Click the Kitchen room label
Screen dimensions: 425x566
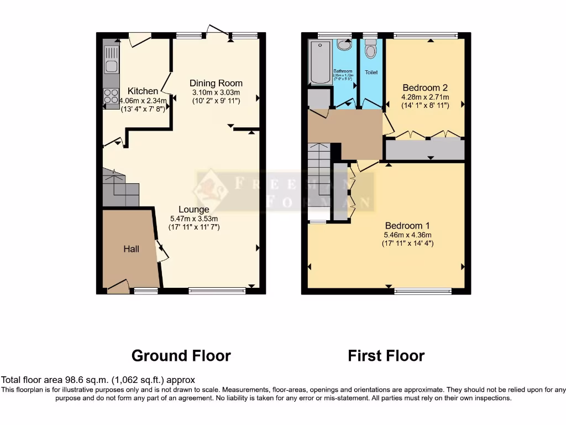pos(143,91)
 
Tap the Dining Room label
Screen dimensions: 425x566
pos(216,83)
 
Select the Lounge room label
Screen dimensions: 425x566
pos(193,210)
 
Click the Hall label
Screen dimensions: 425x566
pos(131,249)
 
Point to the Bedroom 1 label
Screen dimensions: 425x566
pos(407,226)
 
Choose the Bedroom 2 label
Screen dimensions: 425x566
pos(424,87)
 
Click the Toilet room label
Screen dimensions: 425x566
pos(371,72)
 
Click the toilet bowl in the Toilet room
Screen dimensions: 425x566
pos(371,50)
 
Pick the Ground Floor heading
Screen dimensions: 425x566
pos(181,355)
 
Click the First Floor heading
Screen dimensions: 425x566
pos(386,355)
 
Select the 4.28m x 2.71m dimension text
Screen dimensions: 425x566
pos(424,97)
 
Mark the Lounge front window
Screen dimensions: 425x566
pos(217,290)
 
